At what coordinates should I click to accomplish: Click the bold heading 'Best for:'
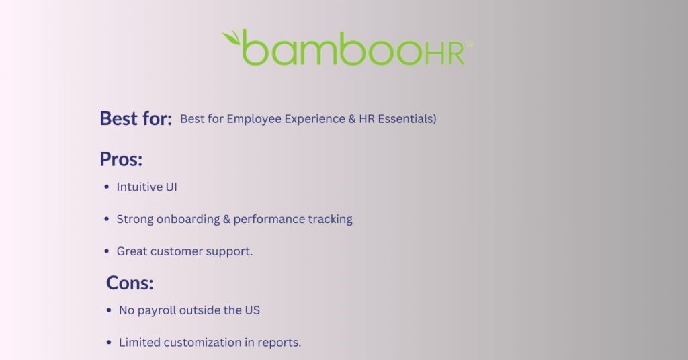click(136, 118)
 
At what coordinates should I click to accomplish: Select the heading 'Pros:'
click(121, 159)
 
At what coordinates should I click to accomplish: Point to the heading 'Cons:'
click(130, 283)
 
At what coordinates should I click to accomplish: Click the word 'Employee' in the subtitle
click(254, 120)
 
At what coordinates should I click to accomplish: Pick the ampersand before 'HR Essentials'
click(352, 119)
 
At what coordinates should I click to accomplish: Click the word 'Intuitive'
click(139, 187)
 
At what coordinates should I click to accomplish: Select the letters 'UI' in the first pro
click(171, 187)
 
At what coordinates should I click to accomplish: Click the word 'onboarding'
click(188, 219)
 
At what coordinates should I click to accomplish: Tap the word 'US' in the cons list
click(253, 310)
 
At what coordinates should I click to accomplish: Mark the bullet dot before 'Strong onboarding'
click(107, 219)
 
